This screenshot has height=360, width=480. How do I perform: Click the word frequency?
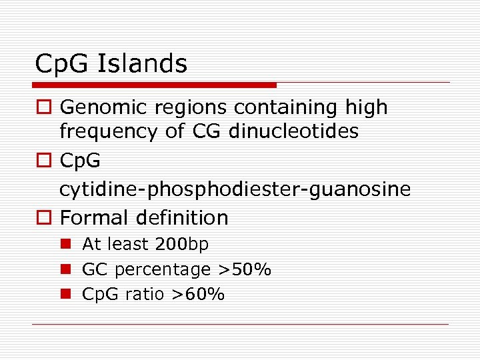click(109, 131)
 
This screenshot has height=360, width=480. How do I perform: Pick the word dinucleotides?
click(293, 131)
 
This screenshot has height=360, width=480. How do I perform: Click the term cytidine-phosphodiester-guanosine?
click(235, 189)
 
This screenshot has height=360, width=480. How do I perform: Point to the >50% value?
click(245, 269)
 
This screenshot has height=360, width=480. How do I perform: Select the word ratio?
click(143, 294)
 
